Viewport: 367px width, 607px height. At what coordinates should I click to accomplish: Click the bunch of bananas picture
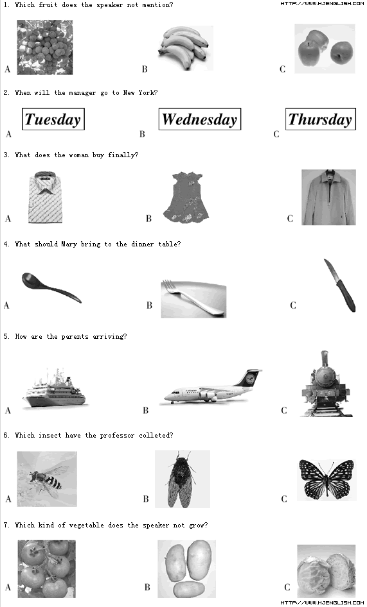186,48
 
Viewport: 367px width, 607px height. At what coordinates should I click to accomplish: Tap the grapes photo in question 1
44,47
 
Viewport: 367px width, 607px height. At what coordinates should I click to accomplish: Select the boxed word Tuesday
53,119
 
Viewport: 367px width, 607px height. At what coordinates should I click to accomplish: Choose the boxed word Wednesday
200,119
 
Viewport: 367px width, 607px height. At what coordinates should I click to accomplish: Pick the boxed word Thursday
321,119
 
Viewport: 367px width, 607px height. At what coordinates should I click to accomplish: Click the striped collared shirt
46,198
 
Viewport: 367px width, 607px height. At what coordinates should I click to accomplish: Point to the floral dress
186,198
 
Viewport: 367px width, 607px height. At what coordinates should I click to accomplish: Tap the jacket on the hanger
328,197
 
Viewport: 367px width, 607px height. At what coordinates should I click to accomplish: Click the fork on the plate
193,298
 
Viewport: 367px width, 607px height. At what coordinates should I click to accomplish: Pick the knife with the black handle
340,286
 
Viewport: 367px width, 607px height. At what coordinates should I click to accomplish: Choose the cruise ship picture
55,388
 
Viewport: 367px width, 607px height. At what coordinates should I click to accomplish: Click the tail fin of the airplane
250,377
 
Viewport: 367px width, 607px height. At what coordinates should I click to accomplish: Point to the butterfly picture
327,479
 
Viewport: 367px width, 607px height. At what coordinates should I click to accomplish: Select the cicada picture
183,479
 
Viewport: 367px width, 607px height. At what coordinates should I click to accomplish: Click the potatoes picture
186,569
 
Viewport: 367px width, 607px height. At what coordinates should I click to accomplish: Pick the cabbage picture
327,571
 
